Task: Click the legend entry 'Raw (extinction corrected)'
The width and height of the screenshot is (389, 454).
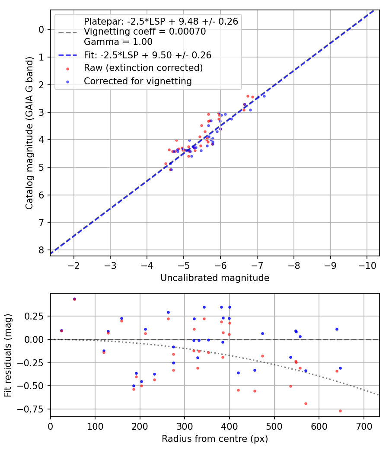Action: (143, 68)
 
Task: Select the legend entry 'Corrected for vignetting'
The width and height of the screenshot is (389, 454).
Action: (137, 81)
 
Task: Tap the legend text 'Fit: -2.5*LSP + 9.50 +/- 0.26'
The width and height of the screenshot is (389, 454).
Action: (147, 55)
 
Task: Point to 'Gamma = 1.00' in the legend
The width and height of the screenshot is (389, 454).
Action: (118, 42)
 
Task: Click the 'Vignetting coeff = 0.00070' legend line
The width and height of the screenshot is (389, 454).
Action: (145, 32)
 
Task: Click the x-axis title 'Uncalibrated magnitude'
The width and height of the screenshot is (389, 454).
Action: (215, 278)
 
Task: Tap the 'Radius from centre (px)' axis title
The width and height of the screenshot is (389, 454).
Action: (215, 439)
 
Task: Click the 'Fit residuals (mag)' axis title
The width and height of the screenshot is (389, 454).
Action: (8, 355)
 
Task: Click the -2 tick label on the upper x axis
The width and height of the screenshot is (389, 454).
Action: (74, 264)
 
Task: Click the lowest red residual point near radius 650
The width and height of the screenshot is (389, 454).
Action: (340, 411)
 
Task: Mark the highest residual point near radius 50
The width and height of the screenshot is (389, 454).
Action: (74, 299)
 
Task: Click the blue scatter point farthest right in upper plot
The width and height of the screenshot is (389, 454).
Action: (264, 96)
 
